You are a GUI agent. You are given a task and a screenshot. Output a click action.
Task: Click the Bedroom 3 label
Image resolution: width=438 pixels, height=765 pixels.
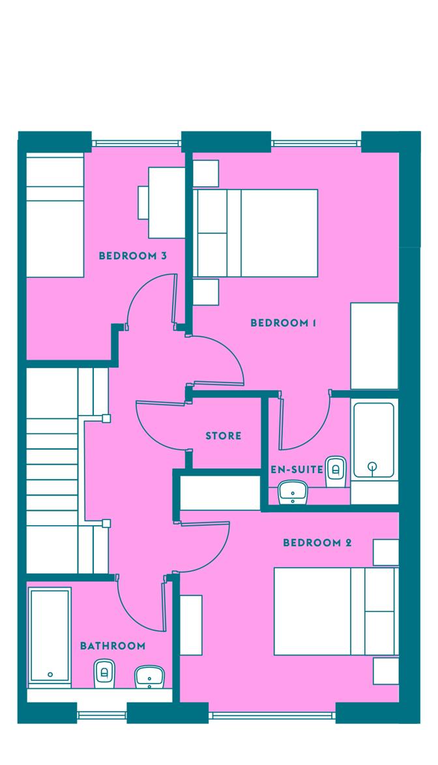coord(133,255)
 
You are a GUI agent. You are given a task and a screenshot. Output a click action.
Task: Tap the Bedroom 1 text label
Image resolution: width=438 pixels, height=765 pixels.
coord(283,323)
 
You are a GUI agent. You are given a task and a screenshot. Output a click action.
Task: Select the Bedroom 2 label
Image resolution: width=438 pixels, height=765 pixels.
coord(317,543)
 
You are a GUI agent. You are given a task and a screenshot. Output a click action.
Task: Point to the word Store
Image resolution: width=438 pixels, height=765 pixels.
coord(224,436)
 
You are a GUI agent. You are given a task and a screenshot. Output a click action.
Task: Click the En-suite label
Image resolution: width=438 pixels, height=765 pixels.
coord(297,469)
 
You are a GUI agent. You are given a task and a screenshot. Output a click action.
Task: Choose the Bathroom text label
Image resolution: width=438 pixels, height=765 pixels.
coord(113,646)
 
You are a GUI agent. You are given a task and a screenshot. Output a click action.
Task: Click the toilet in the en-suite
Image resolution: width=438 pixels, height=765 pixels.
coord(336,472)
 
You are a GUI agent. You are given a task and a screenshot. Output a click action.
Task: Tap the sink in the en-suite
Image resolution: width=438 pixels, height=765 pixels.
coord(293,492)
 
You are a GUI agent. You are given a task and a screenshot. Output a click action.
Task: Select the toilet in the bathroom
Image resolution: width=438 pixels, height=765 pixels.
coord(104,674)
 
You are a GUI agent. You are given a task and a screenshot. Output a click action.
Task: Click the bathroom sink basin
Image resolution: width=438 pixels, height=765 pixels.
coord(149,676)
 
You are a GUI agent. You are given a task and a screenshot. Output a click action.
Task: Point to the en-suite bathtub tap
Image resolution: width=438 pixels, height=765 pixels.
coord(373,467)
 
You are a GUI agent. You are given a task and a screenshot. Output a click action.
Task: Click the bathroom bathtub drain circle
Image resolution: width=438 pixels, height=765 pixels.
coord(50,674)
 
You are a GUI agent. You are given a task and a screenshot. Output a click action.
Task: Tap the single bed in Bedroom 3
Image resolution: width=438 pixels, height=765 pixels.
coord(55,215)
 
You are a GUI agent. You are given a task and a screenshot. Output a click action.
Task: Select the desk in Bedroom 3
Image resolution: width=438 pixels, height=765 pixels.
coord(167,203)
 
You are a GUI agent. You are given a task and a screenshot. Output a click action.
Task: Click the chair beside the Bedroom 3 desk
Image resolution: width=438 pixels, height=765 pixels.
coord(143,203)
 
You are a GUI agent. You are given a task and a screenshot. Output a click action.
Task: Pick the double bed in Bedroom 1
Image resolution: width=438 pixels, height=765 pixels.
coord(255,233)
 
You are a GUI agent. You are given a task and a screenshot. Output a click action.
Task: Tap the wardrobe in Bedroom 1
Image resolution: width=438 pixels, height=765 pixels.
coord(375,346)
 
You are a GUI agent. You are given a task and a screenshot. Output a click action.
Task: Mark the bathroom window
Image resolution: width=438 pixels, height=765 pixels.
coord(102,715)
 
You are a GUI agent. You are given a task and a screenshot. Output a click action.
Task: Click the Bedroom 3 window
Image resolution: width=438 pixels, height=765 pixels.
coord(137,143)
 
